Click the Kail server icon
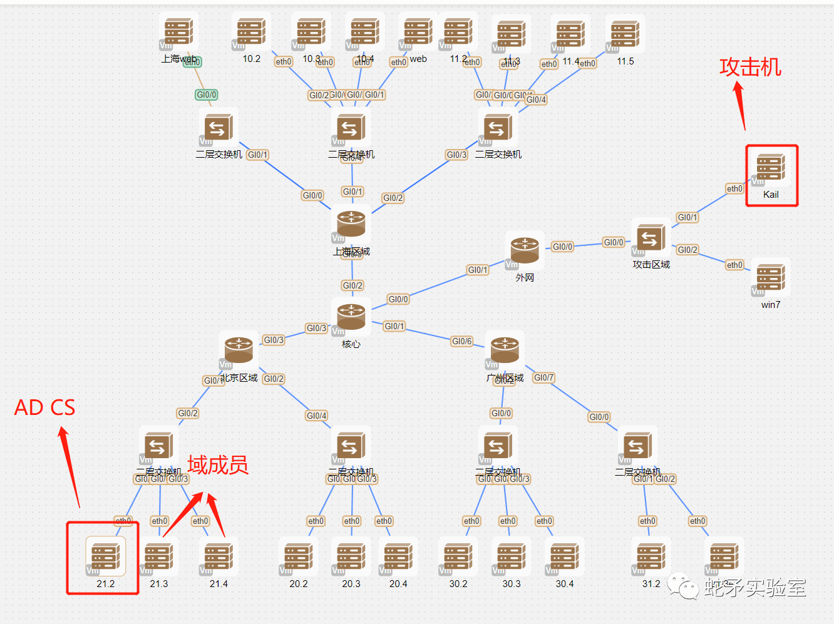click(x=771, y=168)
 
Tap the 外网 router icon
click(x=525, y=250)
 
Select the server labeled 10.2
click(x=252, y=32)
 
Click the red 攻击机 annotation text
click(x=750, y=67)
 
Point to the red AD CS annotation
click(x=44, y=408)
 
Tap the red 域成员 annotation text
click(x=217, y=465)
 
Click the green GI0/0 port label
click(x=206, y=95)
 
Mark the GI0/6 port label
click(x=461, y=341)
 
